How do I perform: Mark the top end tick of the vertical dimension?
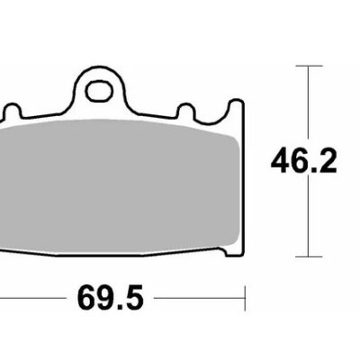point(308,67)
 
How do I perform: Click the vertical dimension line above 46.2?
point(308,103)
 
